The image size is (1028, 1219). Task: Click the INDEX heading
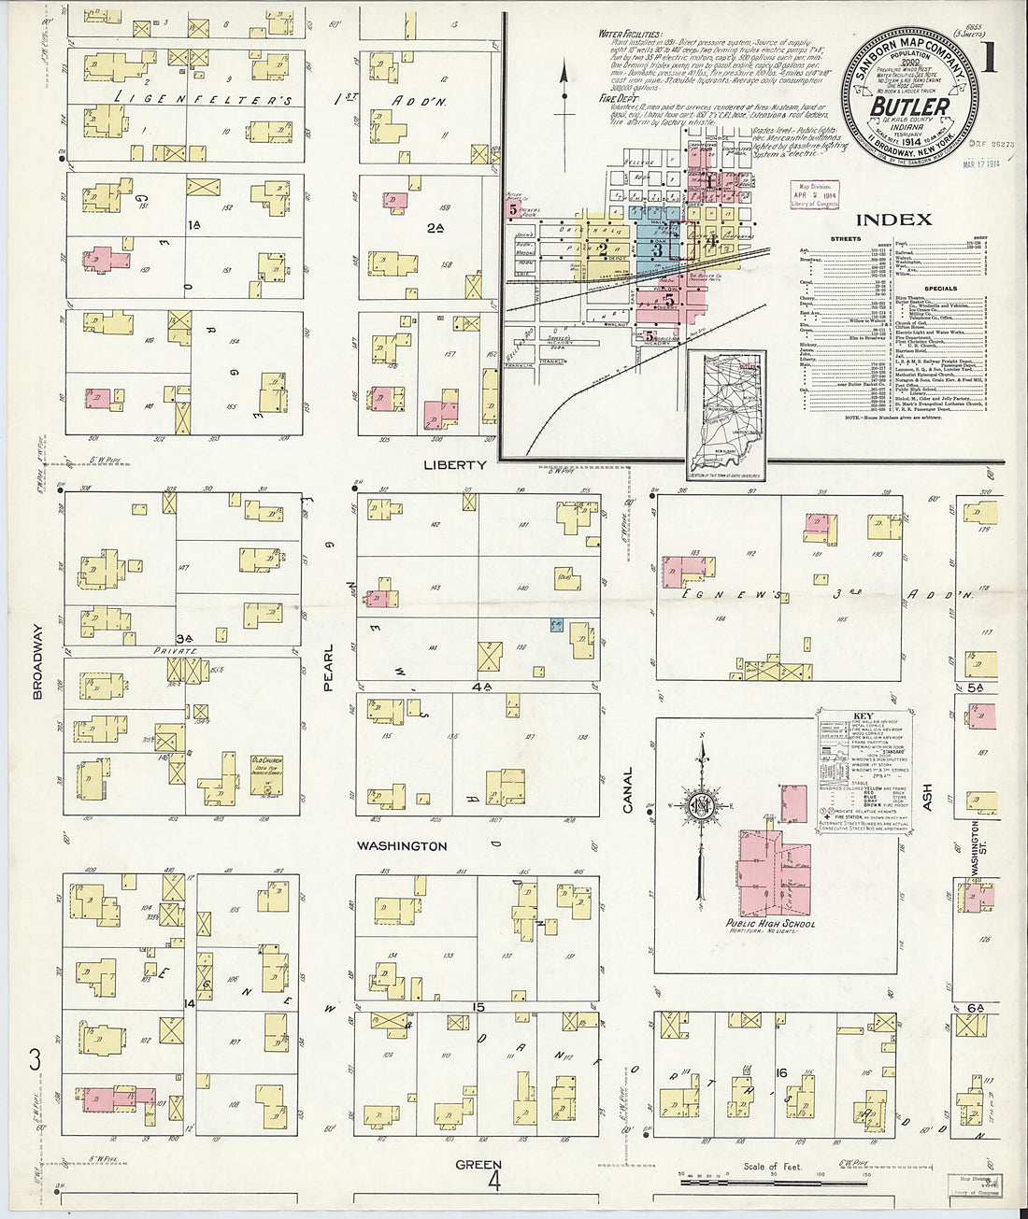[893, 220]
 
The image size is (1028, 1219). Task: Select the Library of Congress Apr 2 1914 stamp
[815, 195]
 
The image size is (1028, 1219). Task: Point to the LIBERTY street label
[455, 465]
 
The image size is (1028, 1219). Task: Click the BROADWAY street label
[38, 661]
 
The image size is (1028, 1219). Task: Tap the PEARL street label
[328, 668]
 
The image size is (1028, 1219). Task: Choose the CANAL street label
[628, 789]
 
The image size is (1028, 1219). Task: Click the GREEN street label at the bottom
[478, 1165]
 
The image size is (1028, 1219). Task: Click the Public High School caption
[770, 924]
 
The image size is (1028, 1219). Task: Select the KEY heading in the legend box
[864, 716]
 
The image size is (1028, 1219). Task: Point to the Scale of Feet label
[772, 1167]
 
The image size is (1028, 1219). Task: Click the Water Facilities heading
[631, 35]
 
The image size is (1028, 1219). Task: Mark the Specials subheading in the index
[940, 289]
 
